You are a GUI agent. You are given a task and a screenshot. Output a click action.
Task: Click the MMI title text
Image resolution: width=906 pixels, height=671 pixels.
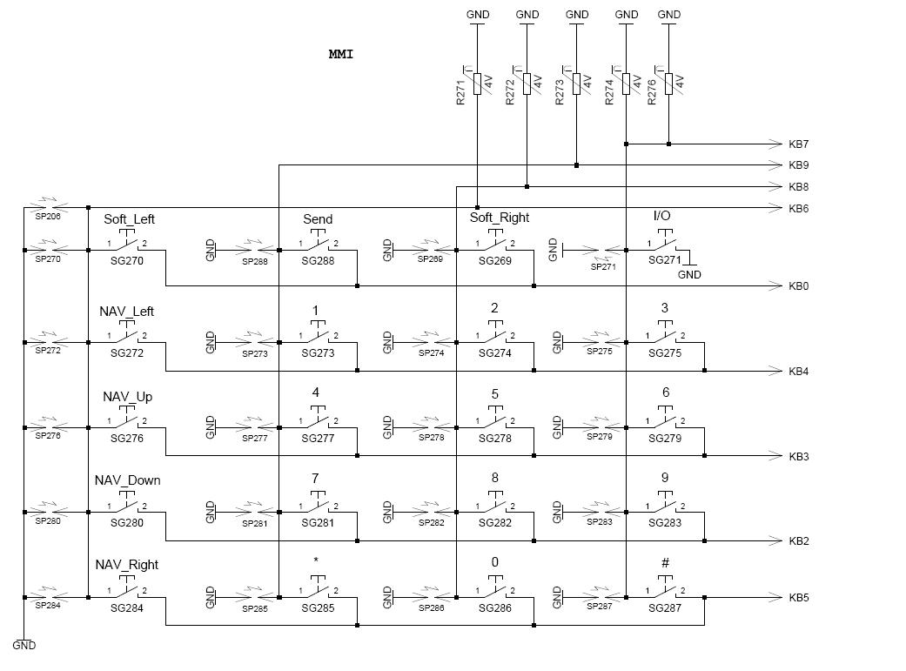tap(341, 54)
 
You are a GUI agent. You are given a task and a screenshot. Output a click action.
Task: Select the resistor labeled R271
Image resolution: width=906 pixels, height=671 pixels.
tap(477, 84)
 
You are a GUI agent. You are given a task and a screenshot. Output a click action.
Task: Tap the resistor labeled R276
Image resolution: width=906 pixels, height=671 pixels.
tap(668, 84)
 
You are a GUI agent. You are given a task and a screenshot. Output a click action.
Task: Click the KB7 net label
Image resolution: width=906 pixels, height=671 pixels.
tap(799, 144)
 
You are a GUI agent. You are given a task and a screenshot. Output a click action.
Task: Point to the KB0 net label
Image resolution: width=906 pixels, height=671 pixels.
tap(799, 286)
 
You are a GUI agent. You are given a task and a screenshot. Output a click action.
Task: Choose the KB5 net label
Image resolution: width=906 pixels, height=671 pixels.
tap(799, 598)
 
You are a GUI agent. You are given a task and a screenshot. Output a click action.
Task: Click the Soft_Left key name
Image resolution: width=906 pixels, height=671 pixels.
tap(130, 219)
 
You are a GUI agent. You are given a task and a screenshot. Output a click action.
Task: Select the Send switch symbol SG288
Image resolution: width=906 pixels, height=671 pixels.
tap(318, 242)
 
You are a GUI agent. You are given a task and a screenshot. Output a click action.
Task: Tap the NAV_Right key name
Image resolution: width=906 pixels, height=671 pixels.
tap(126, 565)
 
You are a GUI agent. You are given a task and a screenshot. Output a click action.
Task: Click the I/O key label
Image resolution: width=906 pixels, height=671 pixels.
tap(662, 216)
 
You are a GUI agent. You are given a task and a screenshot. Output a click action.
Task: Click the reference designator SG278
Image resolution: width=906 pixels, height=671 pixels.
tap(495, 439)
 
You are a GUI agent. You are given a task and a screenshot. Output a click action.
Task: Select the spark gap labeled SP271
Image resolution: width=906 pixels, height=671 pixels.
tap(603, 252)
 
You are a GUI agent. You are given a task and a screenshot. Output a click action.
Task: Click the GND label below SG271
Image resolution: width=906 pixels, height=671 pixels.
tap(689, 274)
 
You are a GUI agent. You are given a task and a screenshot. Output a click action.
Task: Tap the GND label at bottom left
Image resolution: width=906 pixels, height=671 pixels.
tap(24, 646)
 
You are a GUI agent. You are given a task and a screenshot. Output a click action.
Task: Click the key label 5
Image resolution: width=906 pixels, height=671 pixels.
tap(495, 394)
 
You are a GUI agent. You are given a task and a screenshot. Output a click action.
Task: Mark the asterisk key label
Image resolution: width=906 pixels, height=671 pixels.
tap(315, 560)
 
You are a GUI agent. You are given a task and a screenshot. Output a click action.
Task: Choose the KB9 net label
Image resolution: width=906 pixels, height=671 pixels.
tap(799, 165)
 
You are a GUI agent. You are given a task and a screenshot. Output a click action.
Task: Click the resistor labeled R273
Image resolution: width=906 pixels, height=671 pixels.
tap(576, 84)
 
